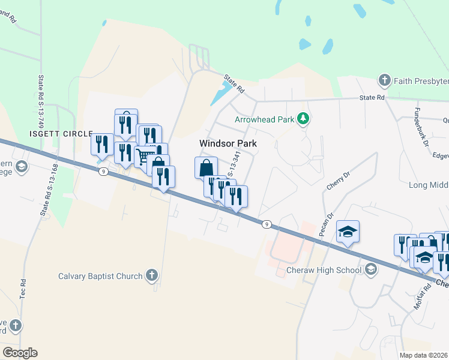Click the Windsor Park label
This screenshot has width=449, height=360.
(228, 143)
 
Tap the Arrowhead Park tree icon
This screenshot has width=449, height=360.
(304, 119)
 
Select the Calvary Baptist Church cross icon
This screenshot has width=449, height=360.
(151, 276)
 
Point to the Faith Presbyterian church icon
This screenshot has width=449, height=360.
(385, 80)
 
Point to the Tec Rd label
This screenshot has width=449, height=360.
(22, 290)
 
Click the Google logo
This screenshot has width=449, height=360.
(20, 353)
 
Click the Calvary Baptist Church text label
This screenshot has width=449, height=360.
(100, 276)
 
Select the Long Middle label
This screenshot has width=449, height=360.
(427, 186)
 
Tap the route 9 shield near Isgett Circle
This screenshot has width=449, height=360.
(104, 172)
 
